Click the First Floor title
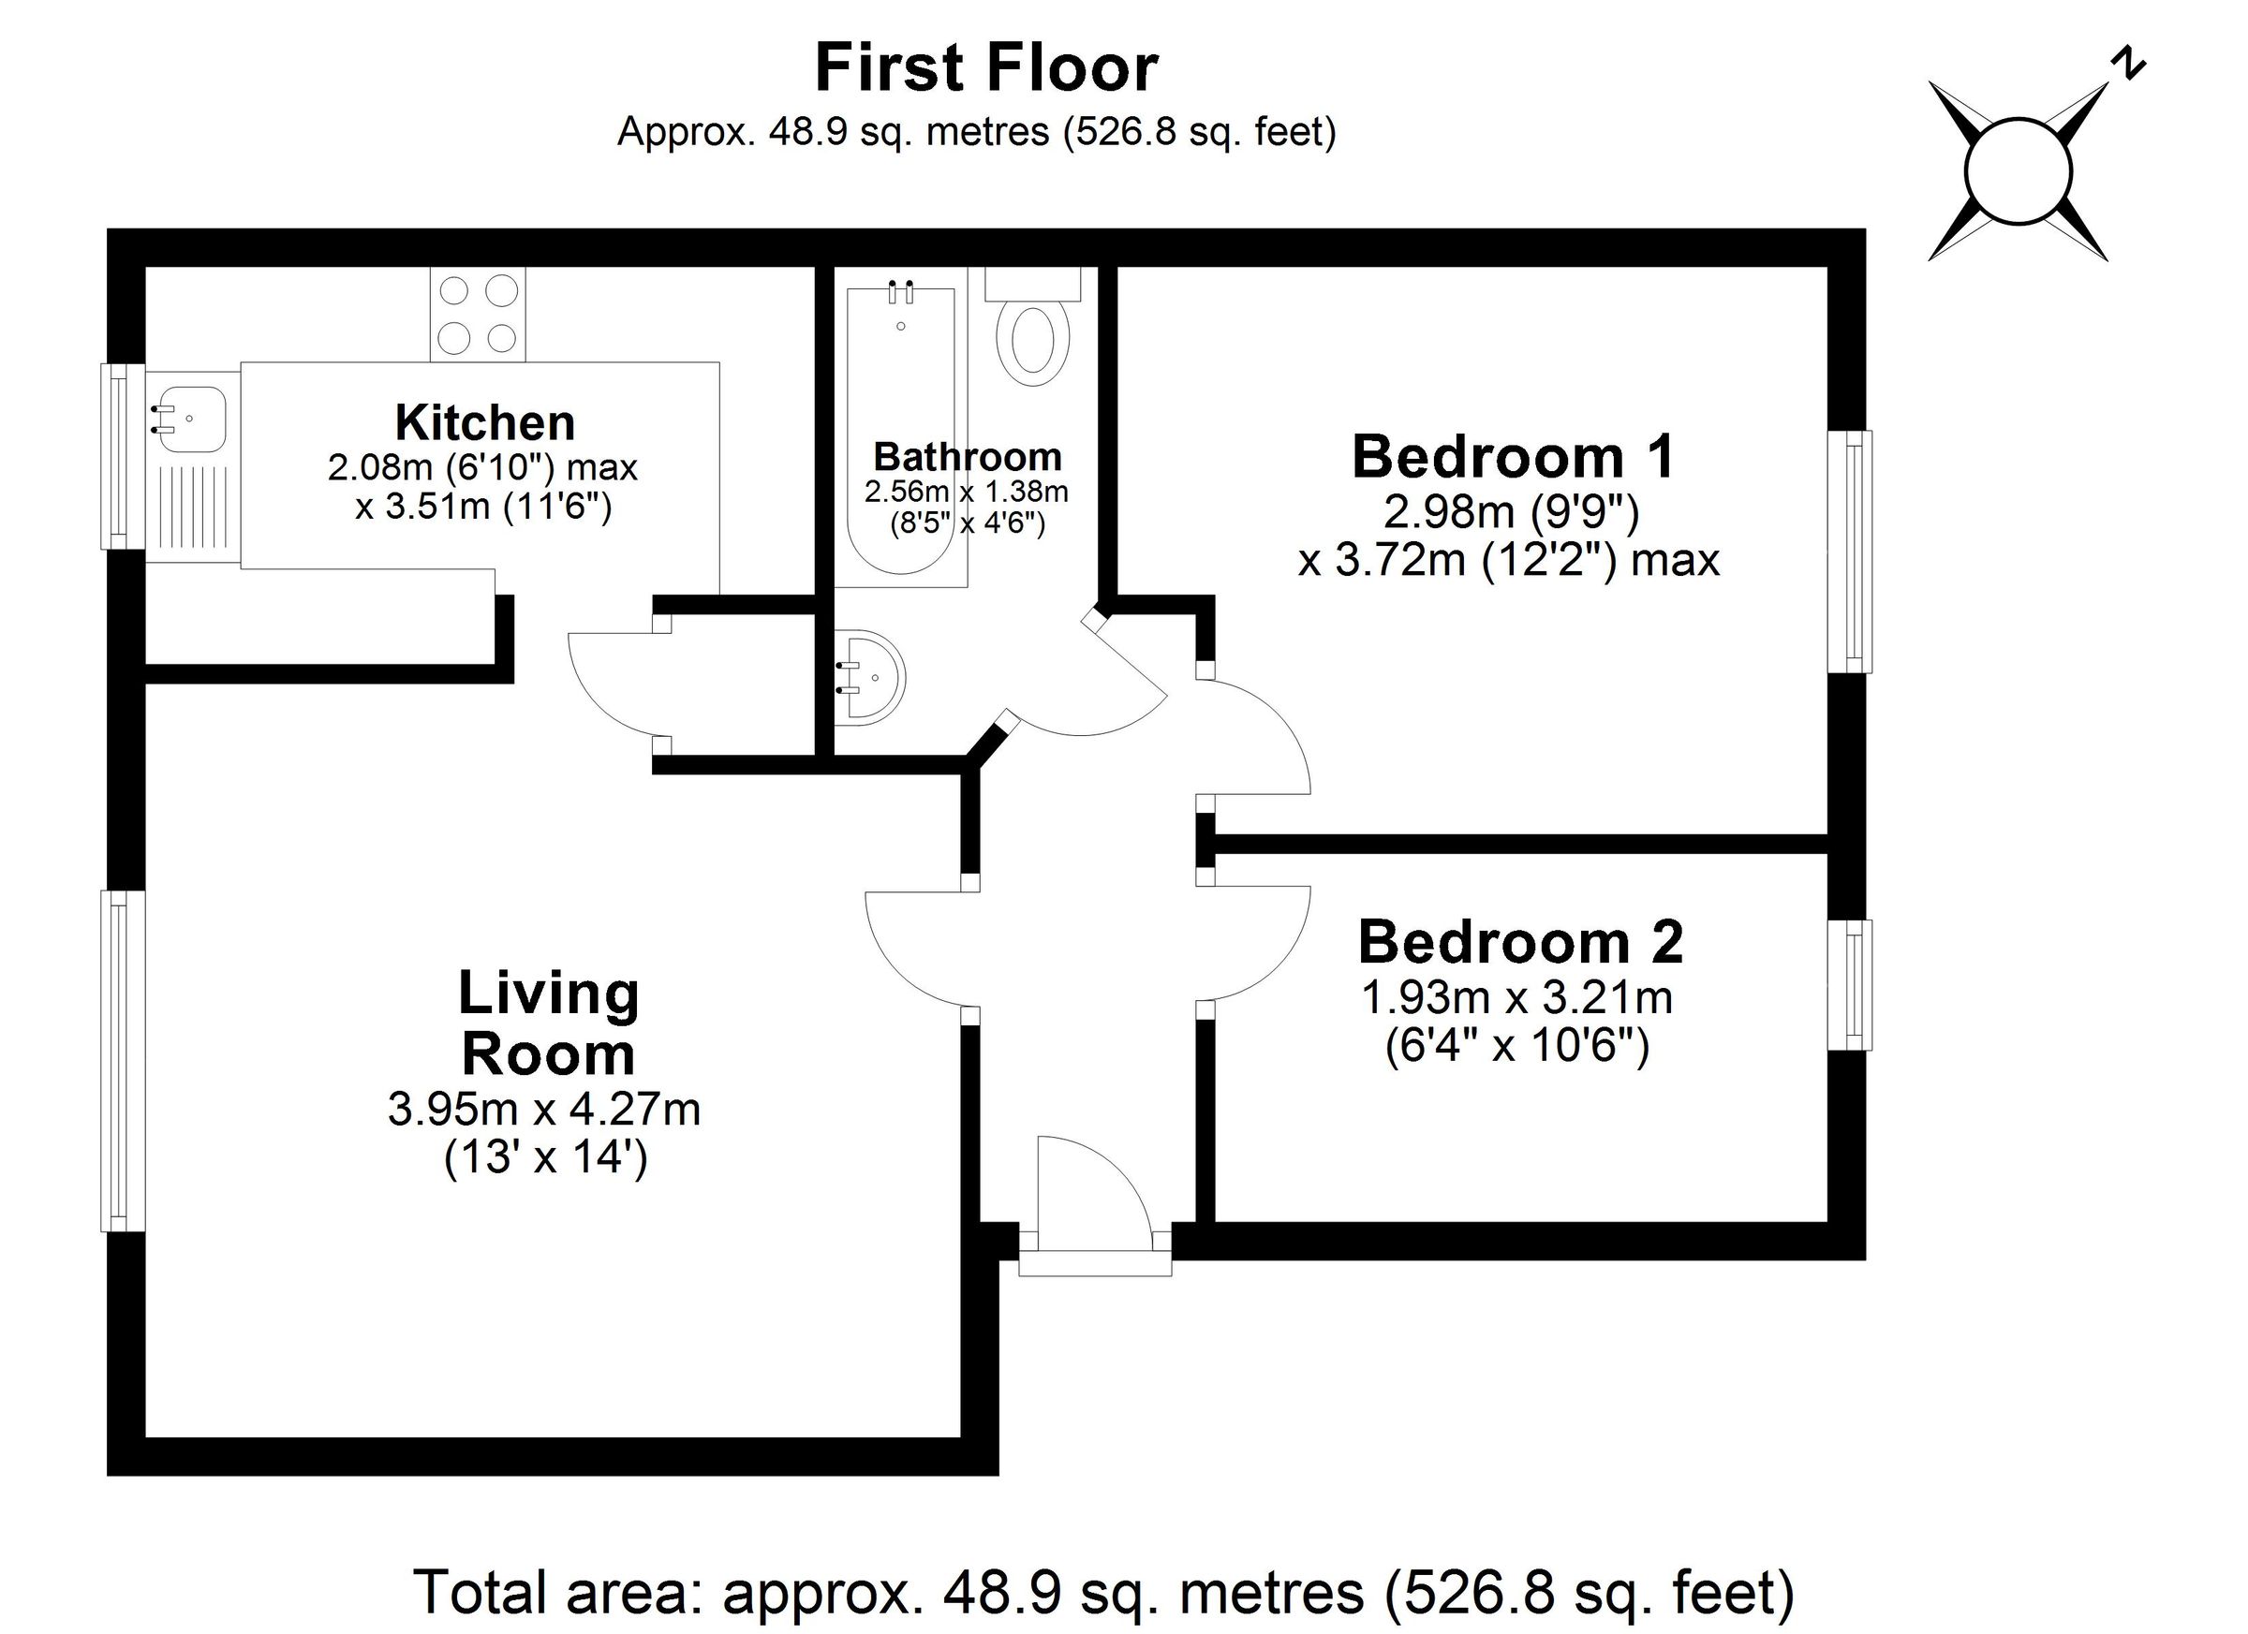986,68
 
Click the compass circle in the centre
2018,171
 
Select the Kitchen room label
484,423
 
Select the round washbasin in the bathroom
874,677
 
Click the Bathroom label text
968,457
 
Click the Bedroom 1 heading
1513,457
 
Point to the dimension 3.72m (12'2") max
1508,561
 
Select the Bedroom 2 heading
1519,941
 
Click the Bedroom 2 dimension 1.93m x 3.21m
1516,998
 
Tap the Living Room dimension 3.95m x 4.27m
544,1109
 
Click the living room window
123,1060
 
